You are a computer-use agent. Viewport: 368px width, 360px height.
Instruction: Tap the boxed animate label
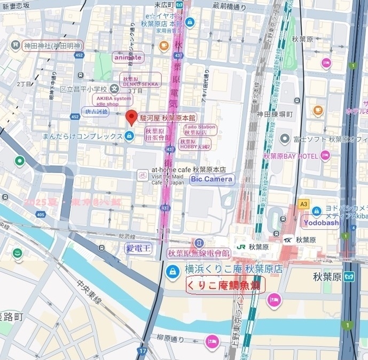coord(128,57)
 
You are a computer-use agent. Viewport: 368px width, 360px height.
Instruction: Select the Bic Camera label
coord(212,179)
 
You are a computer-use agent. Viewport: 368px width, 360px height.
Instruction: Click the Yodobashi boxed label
coord(320,222)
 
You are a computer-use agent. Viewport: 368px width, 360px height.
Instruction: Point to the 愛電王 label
coord(139,248)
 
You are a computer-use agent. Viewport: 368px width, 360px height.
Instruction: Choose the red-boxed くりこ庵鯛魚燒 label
coord(225,285)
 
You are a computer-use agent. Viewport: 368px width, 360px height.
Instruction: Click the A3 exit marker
coord(304,204)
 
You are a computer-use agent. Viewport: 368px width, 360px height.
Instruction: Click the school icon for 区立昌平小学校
coord(115,89)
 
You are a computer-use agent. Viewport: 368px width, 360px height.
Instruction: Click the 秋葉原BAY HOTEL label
coord(289,156)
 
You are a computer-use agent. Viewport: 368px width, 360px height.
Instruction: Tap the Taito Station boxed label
coord(200,129)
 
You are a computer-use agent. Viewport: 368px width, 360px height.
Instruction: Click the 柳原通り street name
coord(170,338)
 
